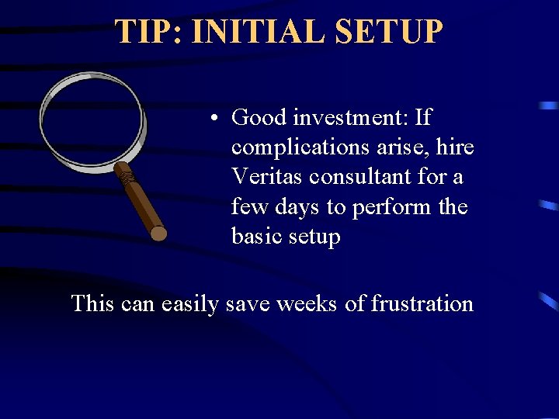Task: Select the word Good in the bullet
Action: (x=255, y=118)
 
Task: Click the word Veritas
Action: (x=267, y=177)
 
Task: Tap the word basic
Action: (x=257, y=236)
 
